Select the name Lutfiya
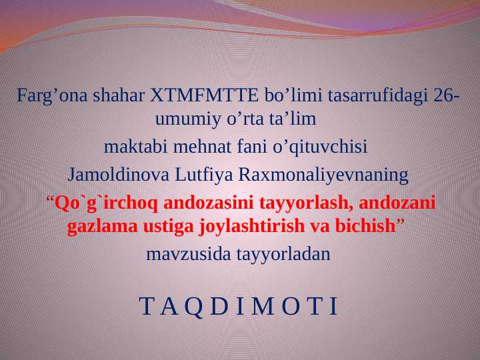[x=205, y=175]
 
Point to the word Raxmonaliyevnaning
[x=323, y=175]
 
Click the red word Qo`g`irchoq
[x=107, y=202]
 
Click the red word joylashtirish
[x=253, y=226]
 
